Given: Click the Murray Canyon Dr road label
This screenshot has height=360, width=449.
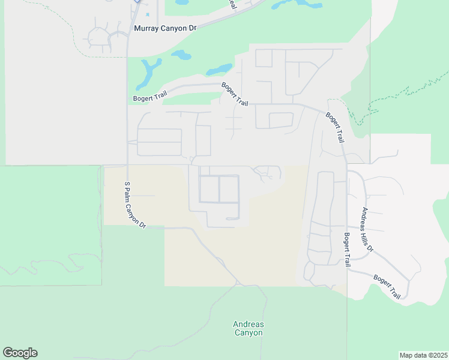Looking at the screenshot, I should [165, 28].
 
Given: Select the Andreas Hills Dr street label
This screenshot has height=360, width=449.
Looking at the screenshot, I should [367, 230].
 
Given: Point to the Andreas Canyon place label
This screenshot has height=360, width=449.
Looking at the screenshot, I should [249, 329].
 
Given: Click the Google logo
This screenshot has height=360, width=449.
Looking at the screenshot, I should [20, 353].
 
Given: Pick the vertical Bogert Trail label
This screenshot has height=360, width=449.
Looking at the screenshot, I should [346, 250].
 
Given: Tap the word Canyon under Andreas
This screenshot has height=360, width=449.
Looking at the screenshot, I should [249, 333].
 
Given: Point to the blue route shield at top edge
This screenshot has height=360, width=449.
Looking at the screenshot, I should [137, 2].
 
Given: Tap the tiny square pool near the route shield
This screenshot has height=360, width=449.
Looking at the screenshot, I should [147, 14].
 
